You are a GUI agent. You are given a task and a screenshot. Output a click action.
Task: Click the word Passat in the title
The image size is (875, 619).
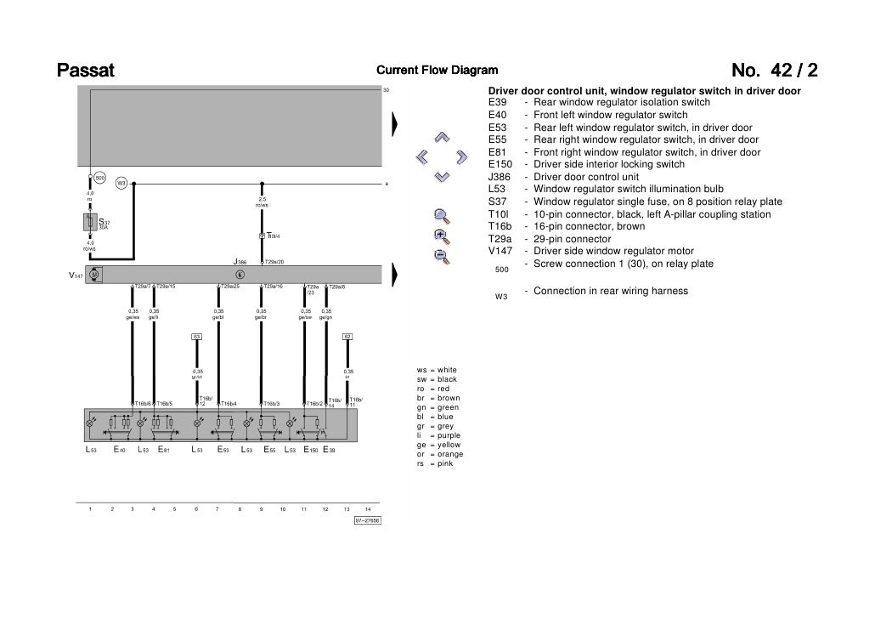point(85,70)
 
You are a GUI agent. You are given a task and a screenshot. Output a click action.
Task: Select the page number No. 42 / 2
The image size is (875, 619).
point(780,70)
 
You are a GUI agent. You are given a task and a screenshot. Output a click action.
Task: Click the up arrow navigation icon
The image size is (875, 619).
point(441,137)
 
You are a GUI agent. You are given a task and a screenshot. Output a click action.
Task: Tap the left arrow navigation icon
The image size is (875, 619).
point(421,156)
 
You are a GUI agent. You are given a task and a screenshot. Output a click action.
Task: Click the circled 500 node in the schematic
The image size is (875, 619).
point(99,179)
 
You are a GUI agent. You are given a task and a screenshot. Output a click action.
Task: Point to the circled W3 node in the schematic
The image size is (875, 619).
point(121,182)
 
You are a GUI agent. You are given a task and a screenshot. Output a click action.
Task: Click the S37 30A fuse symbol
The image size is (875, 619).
point(89,224)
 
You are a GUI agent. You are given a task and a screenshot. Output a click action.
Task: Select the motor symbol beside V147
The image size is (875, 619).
point(94,275)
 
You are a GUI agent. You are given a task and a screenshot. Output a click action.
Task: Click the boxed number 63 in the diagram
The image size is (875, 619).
point(196,337)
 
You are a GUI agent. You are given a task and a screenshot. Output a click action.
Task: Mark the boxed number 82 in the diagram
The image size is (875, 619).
point(347,337)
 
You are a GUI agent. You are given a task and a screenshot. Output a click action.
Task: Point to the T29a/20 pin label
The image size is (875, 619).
point(274,262)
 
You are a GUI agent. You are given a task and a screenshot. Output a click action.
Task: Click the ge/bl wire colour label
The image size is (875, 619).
point(218,317)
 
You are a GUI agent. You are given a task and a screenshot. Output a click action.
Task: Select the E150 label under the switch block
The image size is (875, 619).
point(312,449)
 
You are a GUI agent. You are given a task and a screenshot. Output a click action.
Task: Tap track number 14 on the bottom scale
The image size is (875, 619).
point(368,508)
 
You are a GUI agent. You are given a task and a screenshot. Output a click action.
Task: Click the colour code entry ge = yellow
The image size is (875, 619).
point(438,445)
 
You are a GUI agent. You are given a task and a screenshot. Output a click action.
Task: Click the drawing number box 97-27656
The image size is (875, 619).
point(368,520)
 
